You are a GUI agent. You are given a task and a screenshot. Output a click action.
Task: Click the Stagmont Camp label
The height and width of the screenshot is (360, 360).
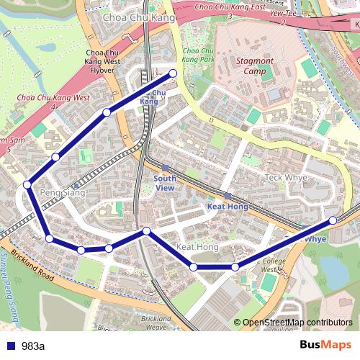coord(255,66)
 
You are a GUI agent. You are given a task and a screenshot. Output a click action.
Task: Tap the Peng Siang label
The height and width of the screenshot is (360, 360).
coord(63,193)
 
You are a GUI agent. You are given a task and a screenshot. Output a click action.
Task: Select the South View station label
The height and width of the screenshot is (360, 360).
coord(165,183)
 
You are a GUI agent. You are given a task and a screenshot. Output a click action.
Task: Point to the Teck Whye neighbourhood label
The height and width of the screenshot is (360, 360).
coord(286,177)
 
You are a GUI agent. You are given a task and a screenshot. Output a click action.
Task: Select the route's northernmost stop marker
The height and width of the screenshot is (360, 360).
coord(173,73)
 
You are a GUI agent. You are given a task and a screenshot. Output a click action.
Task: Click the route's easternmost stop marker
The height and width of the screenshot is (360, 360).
coord(333,220)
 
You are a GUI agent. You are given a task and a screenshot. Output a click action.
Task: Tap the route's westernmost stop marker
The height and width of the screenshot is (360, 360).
coord(27,185)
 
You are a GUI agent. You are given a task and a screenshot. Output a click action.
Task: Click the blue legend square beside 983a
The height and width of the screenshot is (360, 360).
coord(10,346)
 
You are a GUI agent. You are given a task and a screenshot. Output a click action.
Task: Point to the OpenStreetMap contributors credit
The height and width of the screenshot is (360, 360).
coord(297,322)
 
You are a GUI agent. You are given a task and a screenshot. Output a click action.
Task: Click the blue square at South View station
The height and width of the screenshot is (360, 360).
coord(165,167)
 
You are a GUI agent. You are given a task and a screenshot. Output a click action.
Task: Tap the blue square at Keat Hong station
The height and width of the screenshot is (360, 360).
coord(228,196)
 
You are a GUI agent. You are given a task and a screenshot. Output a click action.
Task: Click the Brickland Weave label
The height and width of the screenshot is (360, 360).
coord(156,323)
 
